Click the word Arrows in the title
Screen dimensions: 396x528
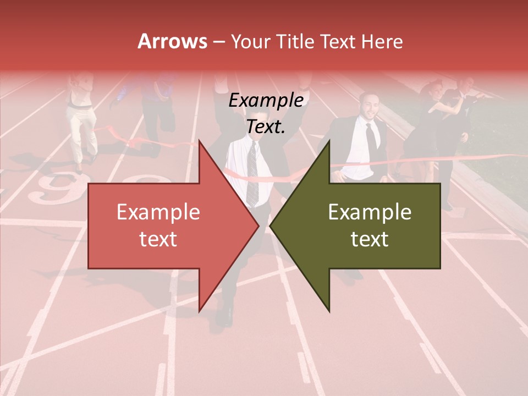(173, 41)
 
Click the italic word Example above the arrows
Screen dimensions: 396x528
(266, 101)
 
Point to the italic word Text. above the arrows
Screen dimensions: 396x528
(266, 127)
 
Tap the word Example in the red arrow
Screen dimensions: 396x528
(158, 212)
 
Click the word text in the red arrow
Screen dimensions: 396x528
(158, 239)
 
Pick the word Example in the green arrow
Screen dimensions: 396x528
(370, 212)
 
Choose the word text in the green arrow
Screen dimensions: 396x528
(370, 239)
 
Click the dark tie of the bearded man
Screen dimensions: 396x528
(372, 137)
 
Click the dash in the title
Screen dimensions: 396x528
(218, 41)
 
